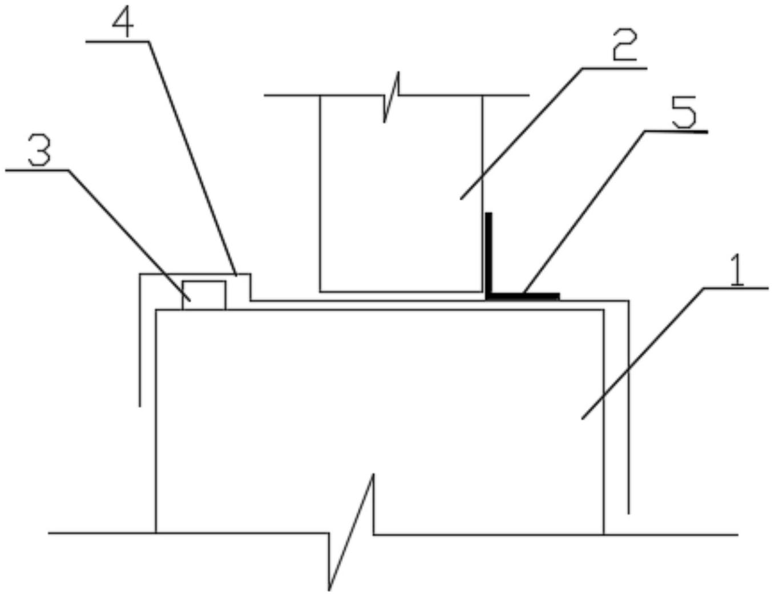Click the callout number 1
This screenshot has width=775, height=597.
coord(737,271)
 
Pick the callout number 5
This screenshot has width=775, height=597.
coord(683,114)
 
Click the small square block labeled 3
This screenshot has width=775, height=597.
coord(204,295)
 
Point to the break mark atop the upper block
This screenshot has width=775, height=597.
coord(391,95)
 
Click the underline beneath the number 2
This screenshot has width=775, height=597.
coord(614,68)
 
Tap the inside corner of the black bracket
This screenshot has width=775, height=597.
coord(491,293)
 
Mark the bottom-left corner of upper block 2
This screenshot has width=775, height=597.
coord(320,291)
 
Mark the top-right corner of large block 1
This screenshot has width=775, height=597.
coord(603,310)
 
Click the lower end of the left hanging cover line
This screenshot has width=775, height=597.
coord(140,405)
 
